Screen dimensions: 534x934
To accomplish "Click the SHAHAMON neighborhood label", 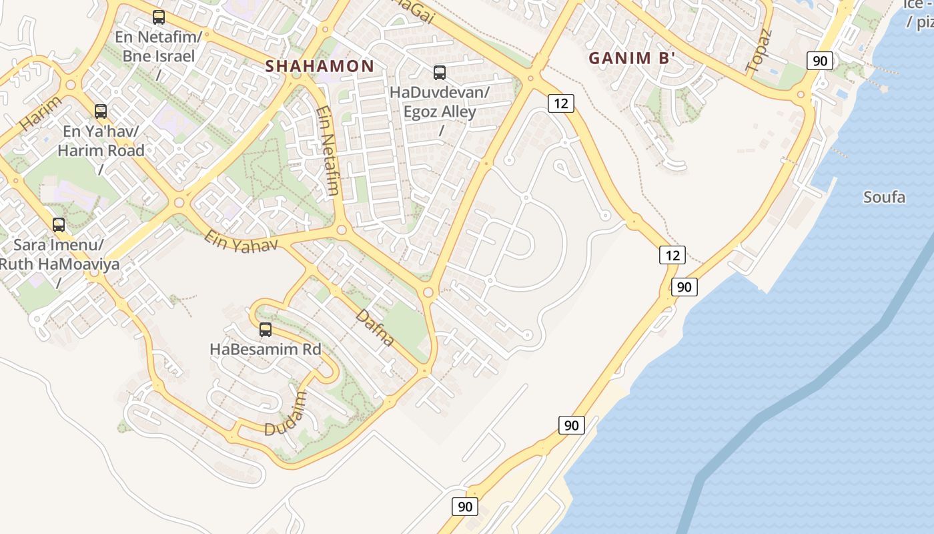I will pyautogui.click(x=320, y=66).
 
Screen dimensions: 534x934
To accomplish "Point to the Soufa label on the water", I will pyautogui.click(x=884, y=197).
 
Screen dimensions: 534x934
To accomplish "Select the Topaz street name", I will pyautogui.click(x=759, y=51).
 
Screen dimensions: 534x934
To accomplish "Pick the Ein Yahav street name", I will pyautogui.click(x=241, y=242).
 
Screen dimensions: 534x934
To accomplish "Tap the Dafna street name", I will pyautogui.click(x=375, y=327).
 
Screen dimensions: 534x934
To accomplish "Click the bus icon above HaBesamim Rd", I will pyautogui.click(x=266, y=329).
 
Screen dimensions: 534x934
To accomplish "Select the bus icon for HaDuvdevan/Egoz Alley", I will pyautogui.click(x=440, y=72).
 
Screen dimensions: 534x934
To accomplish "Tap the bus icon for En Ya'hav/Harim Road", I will pyautogui.click(x=101, y=111).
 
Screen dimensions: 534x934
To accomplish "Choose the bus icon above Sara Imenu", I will pyautogui.click(x=59, y=224).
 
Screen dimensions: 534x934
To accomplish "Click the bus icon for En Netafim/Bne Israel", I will pyautogui.click(x=158, y=17).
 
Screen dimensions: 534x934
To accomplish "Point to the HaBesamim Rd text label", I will pyautogui.click(x=266, y=349).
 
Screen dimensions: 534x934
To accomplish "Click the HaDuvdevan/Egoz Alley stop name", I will pyautogui.click(x=440, y=101).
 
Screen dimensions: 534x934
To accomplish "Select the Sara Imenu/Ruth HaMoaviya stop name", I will pyautogui.click(x=59, y=254).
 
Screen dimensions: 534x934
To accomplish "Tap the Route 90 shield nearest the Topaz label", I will pyautogui.click(x=820, y=61).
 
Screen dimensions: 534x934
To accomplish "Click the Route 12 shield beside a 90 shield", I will pyautogui.click(x=672, y=254).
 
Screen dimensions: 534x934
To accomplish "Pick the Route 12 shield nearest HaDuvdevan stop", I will pyautogui.click(x=561, y=103).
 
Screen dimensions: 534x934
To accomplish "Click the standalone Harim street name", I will pyautogui.click(x=40, y=113).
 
